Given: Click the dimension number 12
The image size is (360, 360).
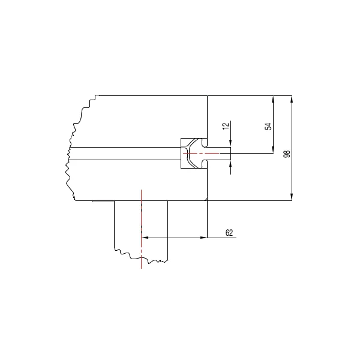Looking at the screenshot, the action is pos(226,125).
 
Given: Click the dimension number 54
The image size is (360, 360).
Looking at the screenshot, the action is pos(268,126).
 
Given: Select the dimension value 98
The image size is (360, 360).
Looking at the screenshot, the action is pos(287,154).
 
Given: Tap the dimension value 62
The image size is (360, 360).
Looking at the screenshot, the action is pos(229,233).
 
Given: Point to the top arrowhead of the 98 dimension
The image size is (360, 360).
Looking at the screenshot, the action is pos(292,100).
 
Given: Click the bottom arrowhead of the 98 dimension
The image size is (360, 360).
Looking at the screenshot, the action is pos(292,197).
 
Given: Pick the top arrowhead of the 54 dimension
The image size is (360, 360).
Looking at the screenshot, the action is pos(273,100).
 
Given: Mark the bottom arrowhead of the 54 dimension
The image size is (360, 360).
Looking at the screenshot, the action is pos(273,149).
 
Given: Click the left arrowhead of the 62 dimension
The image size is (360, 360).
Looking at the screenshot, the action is pos(145,238).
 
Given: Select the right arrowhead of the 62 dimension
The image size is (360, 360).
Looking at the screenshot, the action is pos(203,238).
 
